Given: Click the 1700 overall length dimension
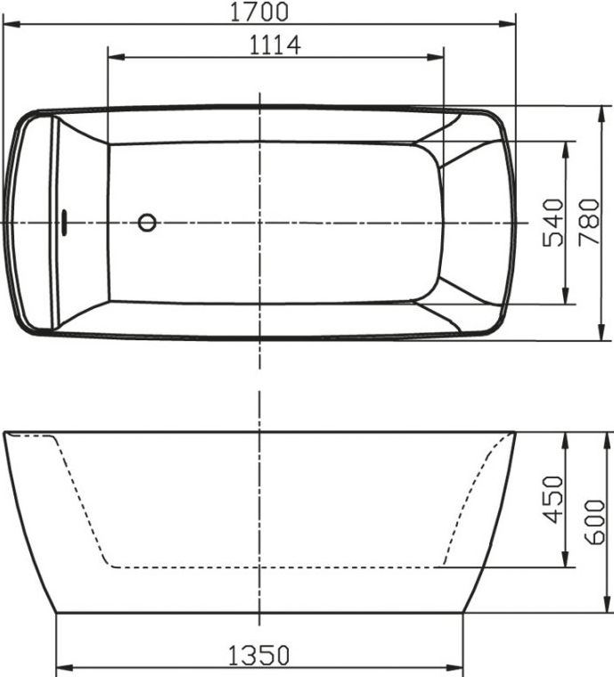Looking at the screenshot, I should point(258,12).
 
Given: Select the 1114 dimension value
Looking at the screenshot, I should point(274,43).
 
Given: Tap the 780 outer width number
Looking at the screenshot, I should point(588,223).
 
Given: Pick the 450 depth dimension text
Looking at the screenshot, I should point(553,500).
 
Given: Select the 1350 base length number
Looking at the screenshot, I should point(259,656).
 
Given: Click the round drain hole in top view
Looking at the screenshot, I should point(147,222).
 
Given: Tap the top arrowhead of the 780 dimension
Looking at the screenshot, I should point(601,111).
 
